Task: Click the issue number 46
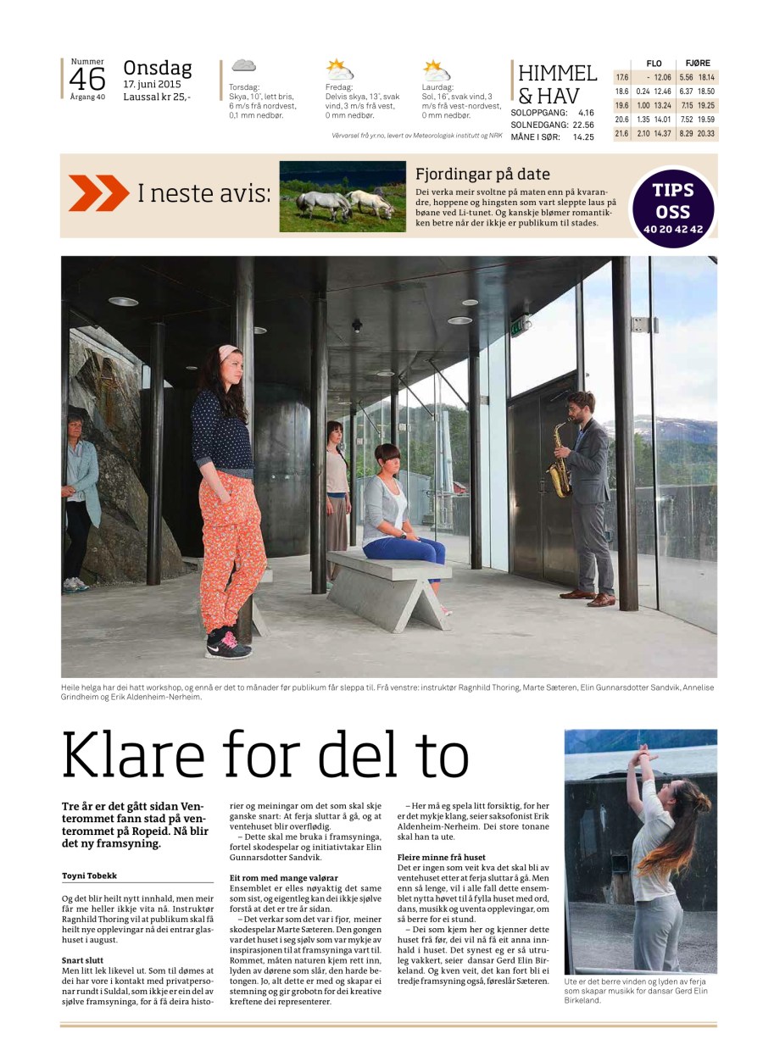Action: point(87,79)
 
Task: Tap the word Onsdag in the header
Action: point(158,68)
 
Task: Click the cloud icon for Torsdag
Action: point(243,65)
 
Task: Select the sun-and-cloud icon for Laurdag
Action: point(437,70)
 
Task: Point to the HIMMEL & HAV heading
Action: point(557,84)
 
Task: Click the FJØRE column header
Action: point(698,64)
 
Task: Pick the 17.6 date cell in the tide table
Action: point(621,77)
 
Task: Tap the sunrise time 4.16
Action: point(584,112)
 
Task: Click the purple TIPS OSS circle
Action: point(673,207)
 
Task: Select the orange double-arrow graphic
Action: point(98,193)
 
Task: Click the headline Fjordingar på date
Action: point(482,175)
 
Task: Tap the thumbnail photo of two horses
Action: point(342,197)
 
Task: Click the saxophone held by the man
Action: point(559,459)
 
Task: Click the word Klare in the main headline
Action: point(130,755)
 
